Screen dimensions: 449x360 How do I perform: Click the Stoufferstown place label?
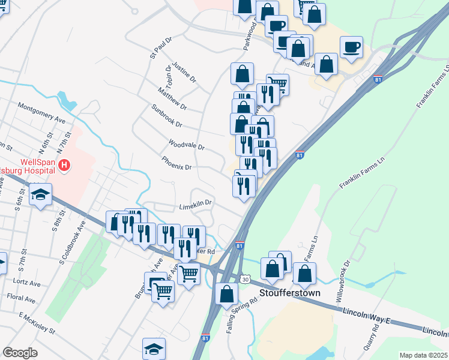pyautogui.click(x=290, y=293)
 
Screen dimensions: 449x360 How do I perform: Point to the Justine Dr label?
pyautogui.click(x=184, y=71)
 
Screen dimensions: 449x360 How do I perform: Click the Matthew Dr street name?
pyautogui.click(x=172, y=99)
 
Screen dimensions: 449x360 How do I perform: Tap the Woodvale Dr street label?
pyautogui.click(x=187, y=145)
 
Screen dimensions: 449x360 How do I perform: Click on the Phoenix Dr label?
pyautogui.click(x=176, y=163)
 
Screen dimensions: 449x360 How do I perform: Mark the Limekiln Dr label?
pyautogui.click(x=196, y=205)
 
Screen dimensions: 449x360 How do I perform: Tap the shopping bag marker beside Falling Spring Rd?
pyautogui.click(x=226, y=294)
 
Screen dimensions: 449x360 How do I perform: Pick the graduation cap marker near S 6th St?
pyautogui.click(x=40, y=195)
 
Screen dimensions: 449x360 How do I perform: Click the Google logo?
pyautogui.click(x=20, y=353)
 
